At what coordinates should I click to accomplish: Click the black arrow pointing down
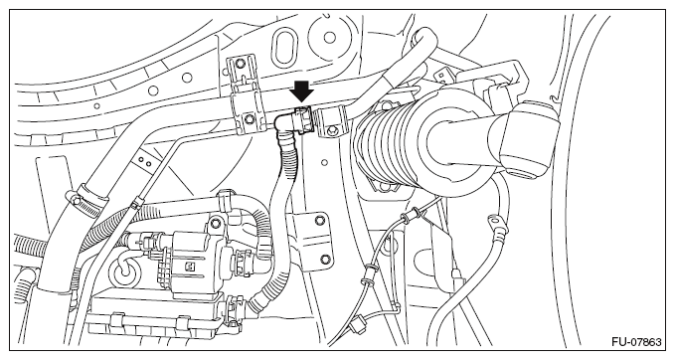click(301, 90)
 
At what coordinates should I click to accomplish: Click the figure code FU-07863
click(636, 342)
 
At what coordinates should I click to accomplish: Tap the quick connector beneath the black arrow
click(304, 119)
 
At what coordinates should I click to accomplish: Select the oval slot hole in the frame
click(284, 45)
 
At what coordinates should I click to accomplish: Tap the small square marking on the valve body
click(188, 268)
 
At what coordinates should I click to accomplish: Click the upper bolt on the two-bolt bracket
click(318, 222)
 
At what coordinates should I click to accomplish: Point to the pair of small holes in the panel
click(145, 161)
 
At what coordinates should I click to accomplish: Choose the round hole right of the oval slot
click(329, 38)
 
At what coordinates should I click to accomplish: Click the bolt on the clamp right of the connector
click(333, 130)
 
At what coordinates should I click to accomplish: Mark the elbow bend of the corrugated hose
click(282, 125)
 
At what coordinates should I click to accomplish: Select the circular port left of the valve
click(125, 271)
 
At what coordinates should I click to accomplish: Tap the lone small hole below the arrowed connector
click(325, 163)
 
